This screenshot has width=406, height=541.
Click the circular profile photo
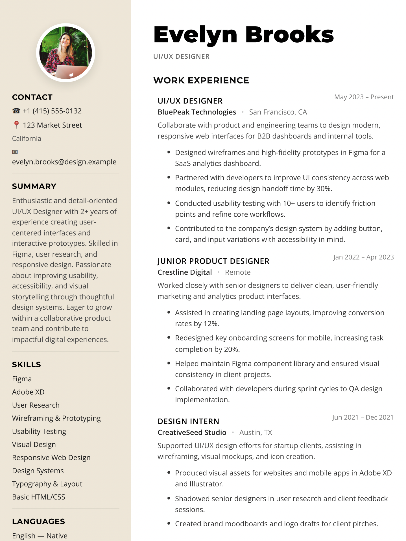(x=66, y=53)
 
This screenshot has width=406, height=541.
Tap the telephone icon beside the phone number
(x=16, y=111)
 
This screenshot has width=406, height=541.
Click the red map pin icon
(x=16, y=125)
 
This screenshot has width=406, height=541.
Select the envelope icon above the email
(x=15, y=152)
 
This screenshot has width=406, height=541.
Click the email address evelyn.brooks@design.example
(x=64, y=162)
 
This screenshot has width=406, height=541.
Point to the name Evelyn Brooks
(x=243, y=35)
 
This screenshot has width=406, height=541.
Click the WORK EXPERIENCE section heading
(x=201, y=80)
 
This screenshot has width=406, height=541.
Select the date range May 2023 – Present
(x=364, y=97)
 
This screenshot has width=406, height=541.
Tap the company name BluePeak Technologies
(x=197, y=112)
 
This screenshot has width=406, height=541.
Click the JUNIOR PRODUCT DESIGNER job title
(x=213, y=261)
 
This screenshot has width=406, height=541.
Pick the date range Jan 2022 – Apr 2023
(x=363, y=257)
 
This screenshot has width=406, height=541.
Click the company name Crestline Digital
(x=185, y=272)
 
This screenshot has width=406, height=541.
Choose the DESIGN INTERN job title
(x=188, y=421)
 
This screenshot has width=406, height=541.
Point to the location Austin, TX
(x=256, y=433)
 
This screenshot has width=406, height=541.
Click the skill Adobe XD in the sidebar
(x=28, y=392)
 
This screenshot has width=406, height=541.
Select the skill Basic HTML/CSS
(x=39, y=497)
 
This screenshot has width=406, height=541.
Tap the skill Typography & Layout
(x=47, y=484)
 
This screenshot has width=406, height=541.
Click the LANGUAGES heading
(x=38, y=522)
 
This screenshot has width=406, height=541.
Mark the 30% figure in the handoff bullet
(x=324, y=189)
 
